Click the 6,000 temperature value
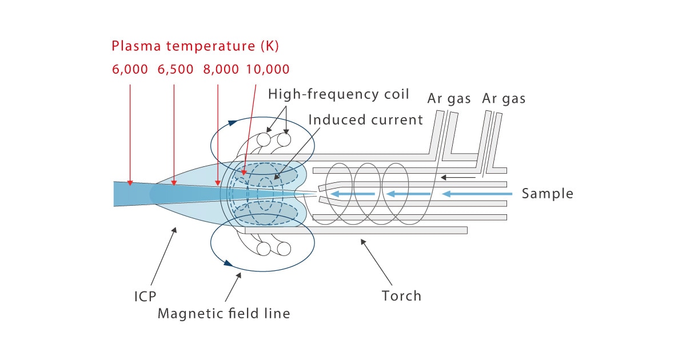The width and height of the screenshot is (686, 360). [130, 70]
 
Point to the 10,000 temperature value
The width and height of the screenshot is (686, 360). [268, 70]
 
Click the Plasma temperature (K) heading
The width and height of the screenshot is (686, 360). [195, 46]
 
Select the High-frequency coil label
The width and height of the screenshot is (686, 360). [338, 94]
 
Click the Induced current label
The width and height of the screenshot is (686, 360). [365, 119]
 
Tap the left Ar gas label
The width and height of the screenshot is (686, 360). [449, 98]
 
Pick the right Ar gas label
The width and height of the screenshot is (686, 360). [504, 98]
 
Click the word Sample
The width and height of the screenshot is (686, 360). [547, 194]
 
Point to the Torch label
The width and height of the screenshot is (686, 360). [401, 296]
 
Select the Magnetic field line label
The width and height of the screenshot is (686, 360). [224, 314]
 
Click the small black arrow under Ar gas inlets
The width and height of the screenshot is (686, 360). [457, 178]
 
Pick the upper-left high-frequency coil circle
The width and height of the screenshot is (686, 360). [264, 139]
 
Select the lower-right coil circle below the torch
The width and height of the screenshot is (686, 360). [284, 249]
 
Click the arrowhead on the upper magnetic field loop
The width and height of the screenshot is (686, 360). [232, 122]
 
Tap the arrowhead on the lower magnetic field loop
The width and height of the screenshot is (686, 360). [228, 263]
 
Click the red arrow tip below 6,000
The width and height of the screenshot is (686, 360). [130, 183]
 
